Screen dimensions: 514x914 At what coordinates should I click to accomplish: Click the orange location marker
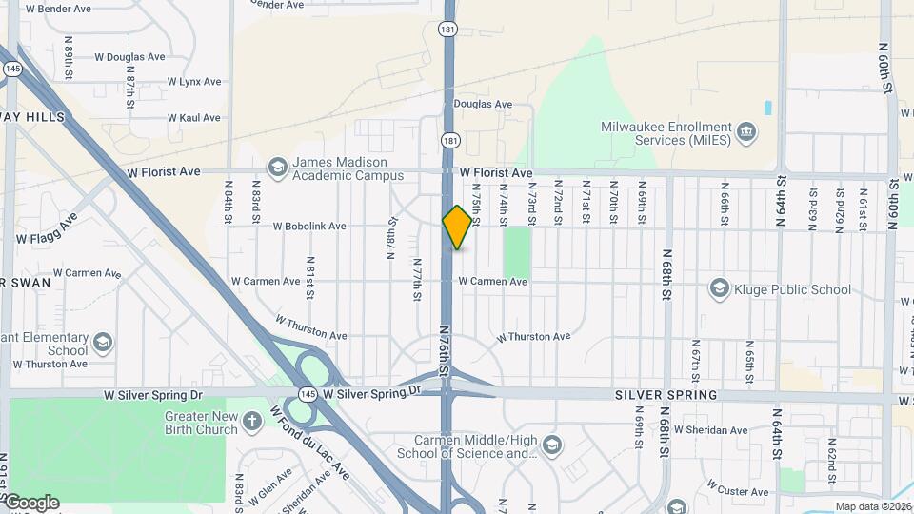pos(457,227)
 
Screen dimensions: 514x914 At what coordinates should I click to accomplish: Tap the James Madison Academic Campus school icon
pos(277,168)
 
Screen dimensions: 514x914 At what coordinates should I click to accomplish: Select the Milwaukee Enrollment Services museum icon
pos(746,133)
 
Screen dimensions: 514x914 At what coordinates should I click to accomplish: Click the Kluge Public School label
pos(794,289)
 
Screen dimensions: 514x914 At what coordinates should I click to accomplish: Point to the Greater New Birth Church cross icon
pos(251,421)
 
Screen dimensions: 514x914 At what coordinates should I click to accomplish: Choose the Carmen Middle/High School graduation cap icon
pos(551,445)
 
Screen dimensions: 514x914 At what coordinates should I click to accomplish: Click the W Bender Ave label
pos(58,9)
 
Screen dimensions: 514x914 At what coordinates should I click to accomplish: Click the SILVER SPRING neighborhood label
pos(666,394)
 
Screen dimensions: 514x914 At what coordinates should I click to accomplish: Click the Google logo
pos(31,503)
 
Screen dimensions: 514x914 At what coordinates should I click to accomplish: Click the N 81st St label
pos(310,275)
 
